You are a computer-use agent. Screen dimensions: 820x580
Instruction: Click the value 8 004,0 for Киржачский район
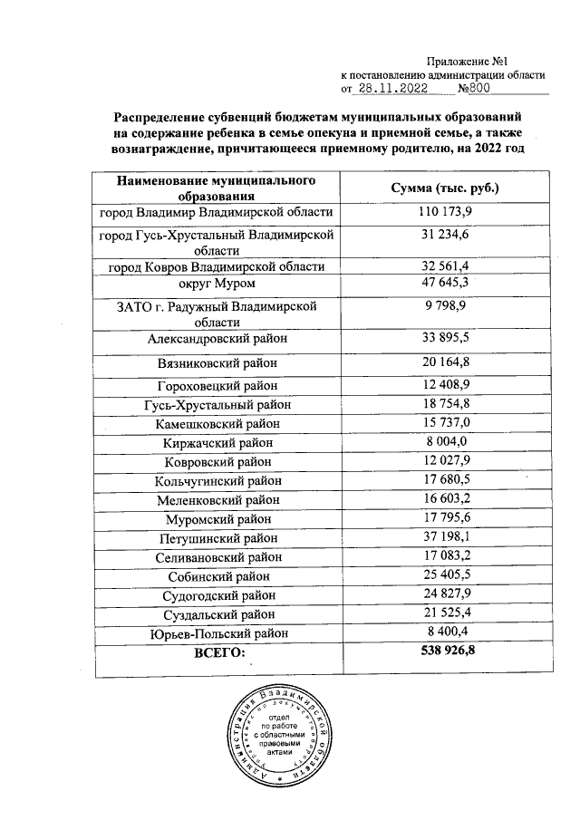[445, 441]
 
